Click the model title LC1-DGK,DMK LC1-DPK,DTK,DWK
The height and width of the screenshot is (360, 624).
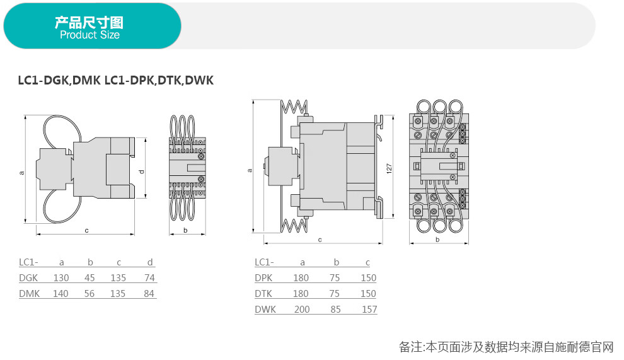click(115, 81)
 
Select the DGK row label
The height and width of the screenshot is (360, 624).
click(28, 278)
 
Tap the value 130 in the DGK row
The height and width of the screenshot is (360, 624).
click(61, 278)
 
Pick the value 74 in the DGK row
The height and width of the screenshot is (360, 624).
click(149, 278)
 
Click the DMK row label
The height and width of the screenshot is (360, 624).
click(29, 294)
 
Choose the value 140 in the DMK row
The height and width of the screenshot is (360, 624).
click(61, 294)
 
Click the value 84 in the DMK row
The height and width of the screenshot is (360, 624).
click(149, 294)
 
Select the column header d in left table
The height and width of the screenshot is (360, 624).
click(149, 262)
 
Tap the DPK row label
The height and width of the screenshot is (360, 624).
click(263, 278)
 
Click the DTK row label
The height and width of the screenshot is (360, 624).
click(263, 294)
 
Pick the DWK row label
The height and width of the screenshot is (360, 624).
click(265, 310)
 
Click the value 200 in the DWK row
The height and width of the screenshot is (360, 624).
click(302, 310)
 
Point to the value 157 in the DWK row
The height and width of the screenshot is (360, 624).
click(369, 310)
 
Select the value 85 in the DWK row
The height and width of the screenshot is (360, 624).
click(337, 310)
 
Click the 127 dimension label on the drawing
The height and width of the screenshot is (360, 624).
click(390, 168)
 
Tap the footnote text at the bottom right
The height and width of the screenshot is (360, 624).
click(506, 347)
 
